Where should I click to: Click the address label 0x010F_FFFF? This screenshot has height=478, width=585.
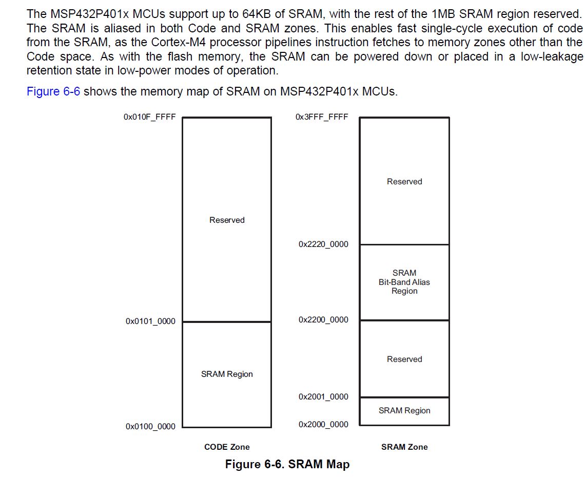pos(150,117)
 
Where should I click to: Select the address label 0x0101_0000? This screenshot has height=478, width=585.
pos(150,321)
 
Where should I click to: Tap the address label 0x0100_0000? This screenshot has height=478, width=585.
pos(150,427)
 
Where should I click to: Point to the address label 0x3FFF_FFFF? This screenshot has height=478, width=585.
pos(322,117)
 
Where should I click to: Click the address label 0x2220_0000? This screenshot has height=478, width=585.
pos(323,244)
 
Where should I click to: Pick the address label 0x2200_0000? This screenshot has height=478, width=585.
pos(323,320)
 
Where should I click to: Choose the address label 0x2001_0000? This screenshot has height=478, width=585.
pos(323,397)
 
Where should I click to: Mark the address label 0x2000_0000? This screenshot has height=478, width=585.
pos(323,425)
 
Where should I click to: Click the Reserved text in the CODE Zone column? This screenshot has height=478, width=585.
pos(227,220)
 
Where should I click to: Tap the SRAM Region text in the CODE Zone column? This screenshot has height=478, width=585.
pos(227,374)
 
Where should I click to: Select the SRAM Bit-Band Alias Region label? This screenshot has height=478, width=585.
pos(404,282)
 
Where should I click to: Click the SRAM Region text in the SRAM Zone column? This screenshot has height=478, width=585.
pos(404,411)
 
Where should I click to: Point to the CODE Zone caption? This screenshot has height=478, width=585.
pos(227,447)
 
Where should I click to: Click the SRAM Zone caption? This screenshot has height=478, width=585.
pos(404,447)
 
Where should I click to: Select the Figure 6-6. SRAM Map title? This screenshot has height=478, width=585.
pos(287,465)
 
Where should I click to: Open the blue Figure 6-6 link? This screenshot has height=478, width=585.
pos(53,92)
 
